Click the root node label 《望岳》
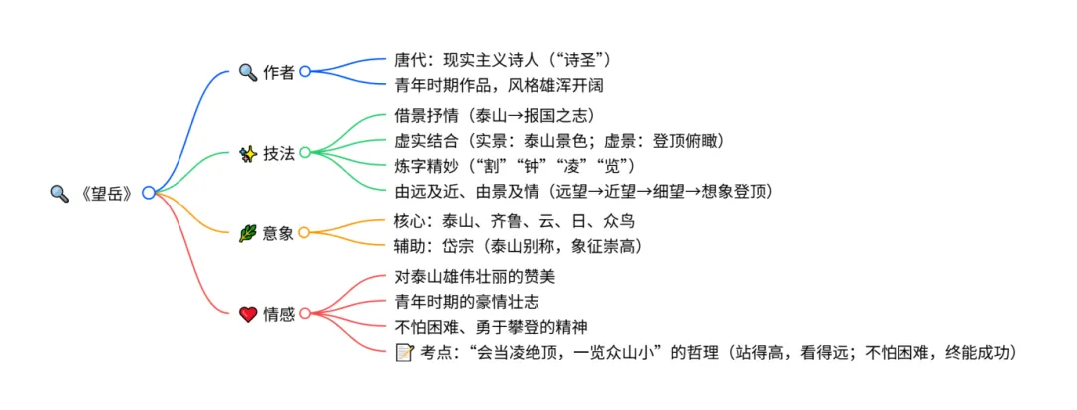(105, 193)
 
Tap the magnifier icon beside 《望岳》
(59, 193)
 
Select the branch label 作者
(279, 72)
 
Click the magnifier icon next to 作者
(248, 72)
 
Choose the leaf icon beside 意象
(248, 233)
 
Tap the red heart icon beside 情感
(248, 314)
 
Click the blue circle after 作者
(305, 72)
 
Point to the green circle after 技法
(305, 153)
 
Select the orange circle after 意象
(305, 233)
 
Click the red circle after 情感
(305, 314)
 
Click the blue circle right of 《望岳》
(148, 193)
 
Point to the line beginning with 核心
(515, 220)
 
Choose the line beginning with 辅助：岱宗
(518, 245)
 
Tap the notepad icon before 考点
(404, 351)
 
